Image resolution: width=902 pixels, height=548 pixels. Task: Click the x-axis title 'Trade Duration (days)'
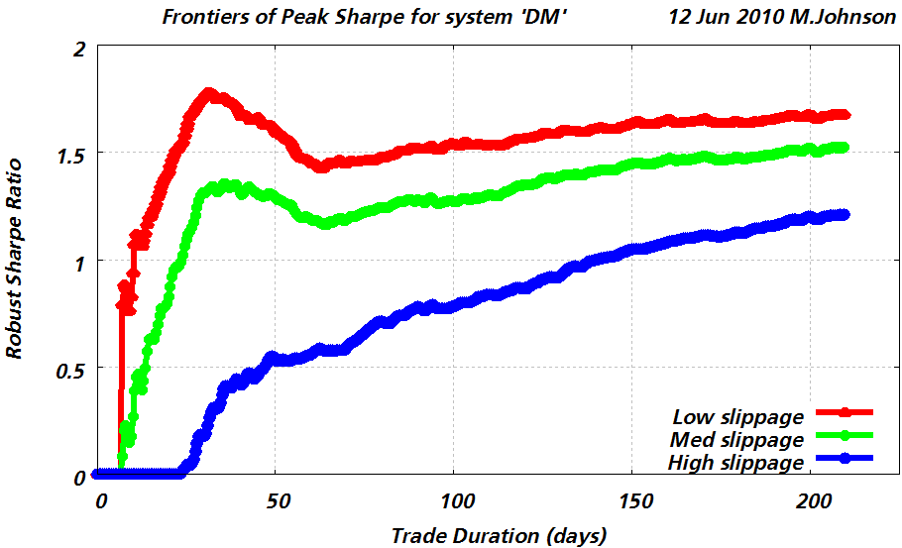click(x=499, y=536)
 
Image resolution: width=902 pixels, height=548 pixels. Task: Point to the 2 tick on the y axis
click(x=75, y=47)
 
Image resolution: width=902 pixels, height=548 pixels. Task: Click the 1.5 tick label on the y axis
click(x=67, y=154)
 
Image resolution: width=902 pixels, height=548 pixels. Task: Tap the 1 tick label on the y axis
click(x=76, y=261)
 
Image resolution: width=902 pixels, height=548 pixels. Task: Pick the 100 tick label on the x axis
click(x=454, y=500)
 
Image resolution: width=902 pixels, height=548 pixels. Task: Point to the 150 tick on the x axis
click(x=632, y=500)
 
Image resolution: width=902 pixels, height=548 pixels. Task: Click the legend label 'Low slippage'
click(x=737, y=415)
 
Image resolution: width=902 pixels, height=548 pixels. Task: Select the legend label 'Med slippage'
click(x=737, y=439)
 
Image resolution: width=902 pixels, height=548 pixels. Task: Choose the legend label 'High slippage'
click(x=734, y=463)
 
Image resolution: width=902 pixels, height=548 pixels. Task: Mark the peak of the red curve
click(x=208, y=94)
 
